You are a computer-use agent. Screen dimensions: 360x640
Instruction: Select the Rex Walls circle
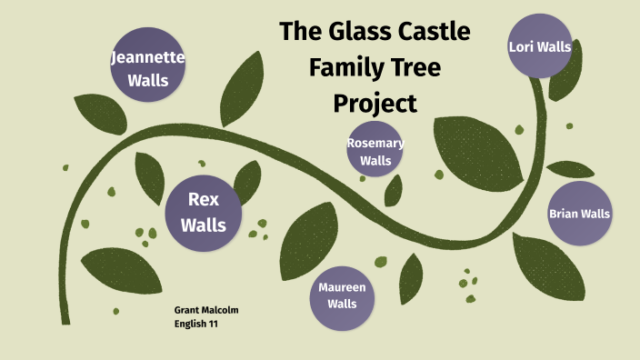(x=204, y=211)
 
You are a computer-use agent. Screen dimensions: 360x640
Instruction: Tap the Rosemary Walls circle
(x=375, y=149)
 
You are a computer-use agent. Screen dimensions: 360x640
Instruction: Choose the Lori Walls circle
(x=540, y=46)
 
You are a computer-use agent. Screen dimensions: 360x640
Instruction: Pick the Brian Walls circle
(x=579, y=214)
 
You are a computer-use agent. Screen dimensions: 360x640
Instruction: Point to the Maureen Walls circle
(x=342, y=295)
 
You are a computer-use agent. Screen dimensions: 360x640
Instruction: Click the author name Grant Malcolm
(x=205, y=310)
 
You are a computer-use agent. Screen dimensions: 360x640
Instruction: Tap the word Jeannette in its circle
(x=147, y=58)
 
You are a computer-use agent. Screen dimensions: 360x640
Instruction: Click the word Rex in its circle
(x=204, y=199)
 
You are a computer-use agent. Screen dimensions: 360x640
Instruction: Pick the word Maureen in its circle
(x=342, y=287)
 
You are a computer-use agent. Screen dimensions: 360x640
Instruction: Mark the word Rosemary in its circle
(x=375, y=142)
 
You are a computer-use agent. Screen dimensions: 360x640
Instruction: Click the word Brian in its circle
(x=565, y=214)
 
